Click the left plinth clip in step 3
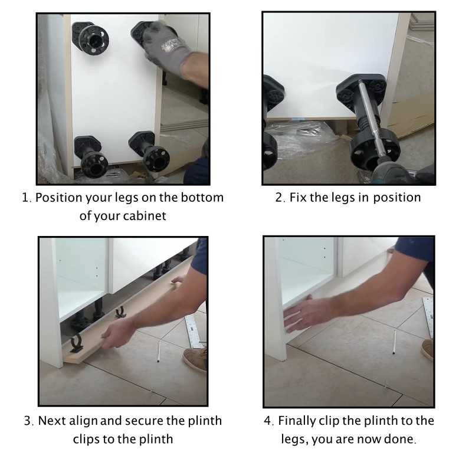coord(76,343)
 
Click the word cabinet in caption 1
coord(142,216)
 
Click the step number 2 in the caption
coord(279,197)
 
